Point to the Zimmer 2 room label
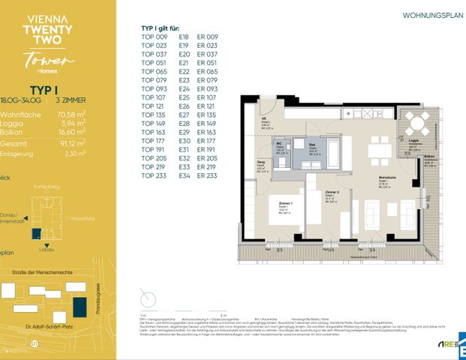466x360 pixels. click(x=332, y=193)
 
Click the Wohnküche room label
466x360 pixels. click(x=389, y=178)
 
